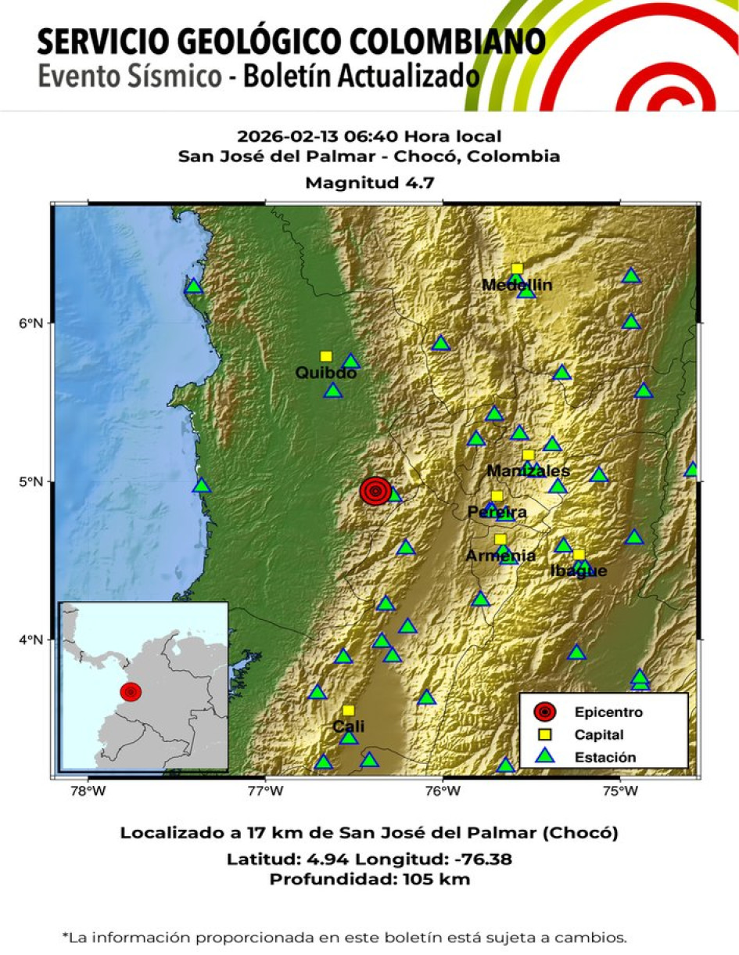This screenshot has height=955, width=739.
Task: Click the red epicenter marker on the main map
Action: point(375,491)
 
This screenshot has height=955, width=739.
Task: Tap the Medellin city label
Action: point(517,285)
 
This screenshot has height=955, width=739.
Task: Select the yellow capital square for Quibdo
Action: point(326,357)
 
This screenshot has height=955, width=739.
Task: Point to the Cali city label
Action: point(349,726)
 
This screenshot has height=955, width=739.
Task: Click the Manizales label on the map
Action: point(528,471)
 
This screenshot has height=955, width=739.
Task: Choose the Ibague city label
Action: point(578,571)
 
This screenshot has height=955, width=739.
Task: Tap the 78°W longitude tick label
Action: point(88,790)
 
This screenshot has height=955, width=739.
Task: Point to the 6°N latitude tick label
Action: point(39,323)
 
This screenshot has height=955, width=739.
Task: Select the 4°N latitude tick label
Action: point(39,640)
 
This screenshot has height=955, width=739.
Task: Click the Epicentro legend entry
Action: point(608,712)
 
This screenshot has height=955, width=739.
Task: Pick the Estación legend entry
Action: point(604,757)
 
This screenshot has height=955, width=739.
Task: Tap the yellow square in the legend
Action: point(545,734)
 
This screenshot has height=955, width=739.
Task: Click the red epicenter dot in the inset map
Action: point(131,692)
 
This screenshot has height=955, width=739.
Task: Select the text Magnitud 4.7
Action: point(369,183)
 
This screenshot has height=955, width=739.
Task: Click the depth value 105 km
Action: point(436,879)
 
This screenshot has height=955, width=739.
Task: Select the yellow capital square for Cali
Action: point(348,711)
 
